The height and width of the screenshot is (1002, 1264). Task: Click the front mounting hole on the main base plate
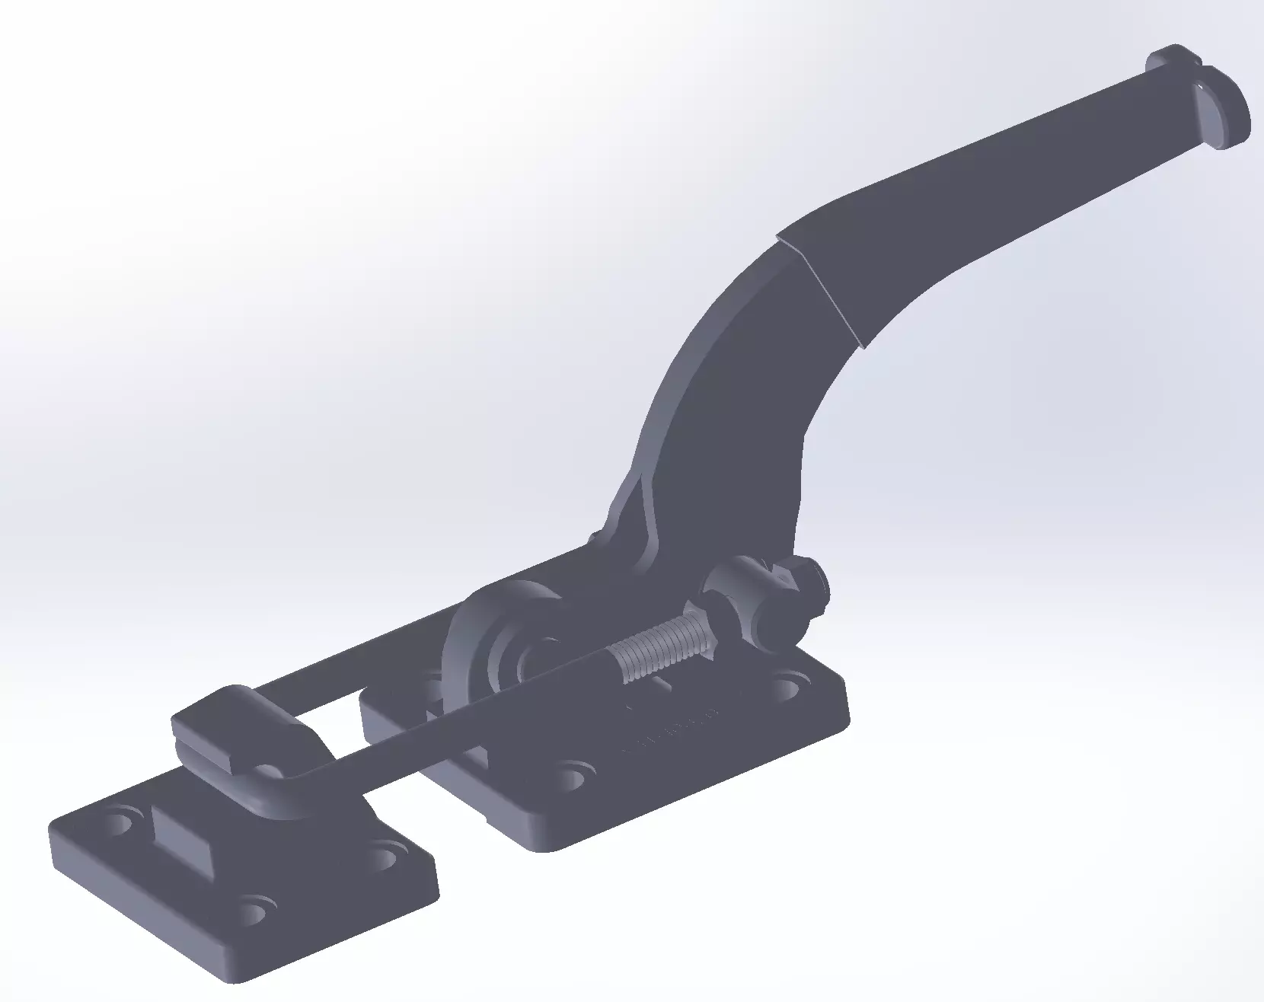pos(573,776)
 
